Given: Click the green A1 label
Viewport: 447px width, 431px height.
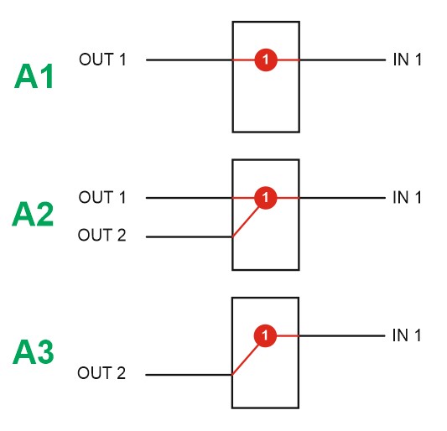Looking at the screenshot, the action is tap(34, 76).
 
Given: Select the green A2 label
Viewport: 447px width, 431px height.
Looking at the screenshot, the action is tap(33, 214).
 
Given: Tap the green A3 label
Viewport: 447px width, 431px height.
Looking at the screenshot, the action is tap(34, 352).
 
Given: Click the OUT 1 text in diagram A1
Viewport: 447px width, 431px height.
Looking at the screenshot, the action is tap(102, 60).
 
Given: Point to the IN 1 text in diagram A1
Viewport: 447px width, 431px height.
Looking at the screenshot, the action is tap(407, 60).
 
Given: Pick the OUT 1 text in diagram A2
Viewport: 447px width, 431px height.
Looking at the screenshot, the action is tap(102, 197).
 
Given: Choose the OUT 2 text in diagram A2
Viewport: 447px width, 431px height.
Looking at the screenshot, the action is tap(101, 235).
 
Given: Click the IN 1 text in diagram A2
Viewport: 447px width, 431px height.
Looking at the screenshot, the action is tap(407, 197).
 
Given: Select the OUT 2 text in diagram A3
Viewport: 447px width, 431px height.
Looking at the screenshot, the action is tap(101, 373).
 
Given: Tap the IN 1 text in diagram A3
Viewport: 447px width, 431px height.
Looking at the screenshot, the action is tap(407, 335).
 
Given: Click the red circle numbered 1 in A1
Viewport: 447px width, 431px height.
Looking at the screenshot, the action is tap(266, 60).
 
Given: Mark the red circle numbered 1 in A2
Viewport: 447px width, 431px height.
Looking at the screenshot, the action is tap(265, 198).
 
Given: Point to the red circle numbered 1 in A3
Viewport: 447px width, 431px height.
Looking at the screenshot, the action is tap(265, 335).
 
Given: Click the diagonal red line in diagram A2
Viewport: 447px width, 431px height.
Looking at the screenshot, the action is tap(245, 221).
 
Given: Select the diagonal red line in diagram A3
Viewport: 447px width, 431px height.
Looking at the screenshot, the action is tap(245, 360).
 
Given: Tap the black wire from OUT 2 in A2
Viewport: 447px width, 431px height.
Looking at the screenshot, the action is tap(189, 236).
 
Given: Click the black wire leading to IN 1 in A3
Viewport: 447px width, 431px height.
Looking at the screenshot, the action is tap(342, 335).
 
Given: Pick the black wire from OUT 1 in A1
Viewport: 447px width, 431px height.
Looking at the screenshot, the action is tap(190, 60).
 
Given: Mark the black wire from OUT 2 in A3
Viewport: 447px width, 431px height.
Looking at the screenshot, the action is tap(189, 375).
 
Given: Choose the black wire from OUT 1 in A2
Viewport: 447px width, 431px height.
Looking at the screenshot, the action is tap(189, 198).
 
